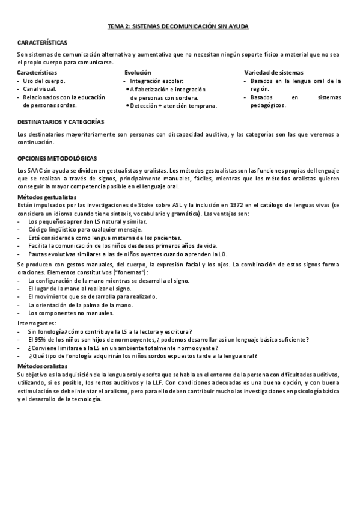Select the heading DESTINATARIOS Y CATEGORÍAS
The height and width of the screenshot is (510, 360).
pos(61,121)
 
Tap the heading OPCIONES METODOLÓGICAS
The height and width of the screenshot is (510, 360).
pos(57,158)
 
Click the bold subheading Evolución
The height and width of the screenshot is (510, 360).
pos(138,72)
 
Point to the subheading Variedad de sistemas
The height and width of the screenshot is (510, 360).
pos(270,72)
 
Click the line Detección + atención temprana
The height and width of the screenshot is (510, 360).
pos(173,105)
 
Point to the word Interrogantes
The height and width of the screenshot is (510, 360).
pos(38,323)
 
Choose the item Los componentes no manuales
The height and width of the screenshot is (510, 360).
pos(71,313)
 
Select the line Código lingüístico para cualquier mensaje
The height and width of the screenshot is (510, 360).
pos(85,230)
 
